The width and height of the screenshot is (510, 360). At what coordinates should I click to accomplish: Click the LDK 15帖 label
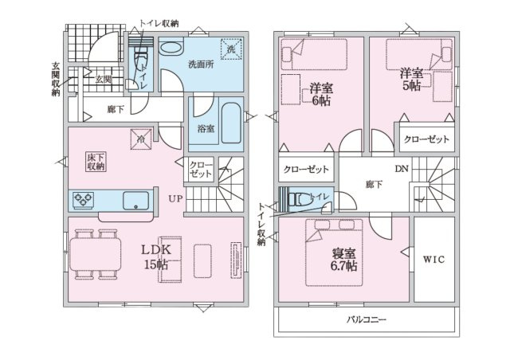156,257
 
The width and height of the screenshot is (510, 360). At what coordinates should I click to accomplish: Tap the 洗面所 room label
202,64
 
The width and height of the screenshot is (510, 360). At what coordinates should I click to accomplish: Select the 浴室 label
206,129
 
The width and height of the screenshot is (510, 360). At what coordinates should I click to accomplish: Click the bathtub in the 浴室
231,123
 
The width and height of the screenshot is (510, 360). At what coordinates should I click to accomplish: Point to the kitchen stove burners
83,199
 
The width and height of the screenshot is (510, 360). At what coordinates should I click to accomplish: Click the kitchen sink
136,201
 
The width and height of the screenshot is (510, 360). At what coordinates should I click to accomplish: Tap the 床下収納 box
96,162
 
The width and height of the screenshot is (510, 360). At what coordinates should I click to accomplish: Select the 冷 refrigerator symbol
141,139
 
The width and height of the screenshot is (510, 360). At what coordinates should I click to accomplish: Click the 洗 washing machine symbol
231,49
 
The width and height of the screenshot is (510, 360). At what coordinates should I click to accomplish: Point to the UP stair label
175,198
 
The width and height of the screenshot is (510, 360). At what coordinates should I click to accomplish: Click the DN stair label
402,169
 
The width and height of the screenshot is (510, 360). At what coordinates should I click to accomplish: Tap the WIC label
433,259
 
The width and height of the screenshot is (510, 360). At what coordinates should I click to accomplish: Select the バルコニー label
367,319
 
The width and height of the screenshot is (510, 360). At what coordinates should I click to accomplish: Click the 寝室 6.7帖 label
343,260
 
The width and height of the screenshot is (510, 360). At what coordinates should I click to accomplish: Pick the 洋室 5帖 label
411,80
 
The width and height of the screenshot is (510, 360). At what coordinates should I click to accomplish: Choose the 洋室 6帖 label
321,94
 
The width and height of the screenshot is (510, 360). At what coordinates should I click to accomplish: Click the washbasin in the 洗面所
171,49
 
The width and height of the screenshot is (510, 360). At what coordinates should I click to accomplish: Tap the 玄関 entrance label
104,80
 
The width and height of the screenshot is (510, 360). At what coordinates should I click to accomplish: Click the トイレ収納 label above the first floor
159,23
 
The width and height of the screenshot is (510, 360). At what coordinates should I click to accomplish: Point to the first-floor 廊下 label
116,109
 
